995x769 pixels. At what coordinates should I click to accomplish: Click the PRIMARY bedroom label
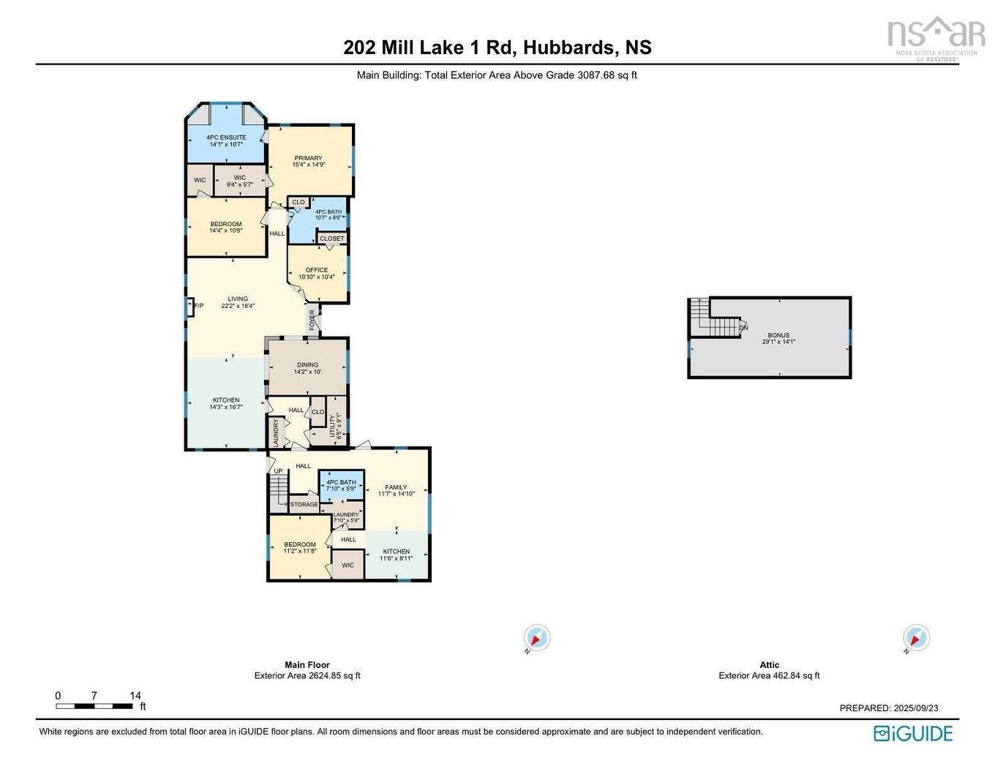tap(308, 158)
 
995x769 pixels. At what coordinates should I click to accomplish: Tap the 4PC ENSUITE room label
tap(226, 138)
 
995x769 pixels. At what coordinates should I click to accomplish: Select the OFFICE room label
tap(317, 270)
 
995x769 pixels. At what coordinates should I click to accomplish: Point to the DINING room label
tap(307, 365)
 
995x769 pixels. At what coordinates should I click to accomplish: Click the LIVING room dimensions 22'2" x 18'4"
tap(238, 306)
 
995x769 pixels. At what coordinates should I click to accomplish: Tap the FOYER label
tap(312, 320)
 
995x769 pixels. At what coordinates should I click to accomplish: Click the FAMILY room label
tap(396, 487)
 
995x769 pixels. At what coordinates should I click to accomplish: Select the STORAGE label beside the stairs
tap(304, 505)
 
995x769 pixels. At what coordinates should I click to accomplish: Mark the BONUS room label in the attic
tap(778, 335)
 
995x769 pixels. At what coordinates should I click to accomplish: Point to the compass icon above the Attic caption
tap(916, 638)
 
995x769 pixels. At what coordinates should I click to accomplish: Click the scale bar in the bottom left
tap(94, 706)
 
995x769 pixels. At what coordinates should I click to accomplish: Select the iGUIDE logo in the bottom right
tap(913, 733)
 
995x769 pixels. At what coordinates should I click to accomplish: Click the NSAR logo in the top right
tap(935, 37)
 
